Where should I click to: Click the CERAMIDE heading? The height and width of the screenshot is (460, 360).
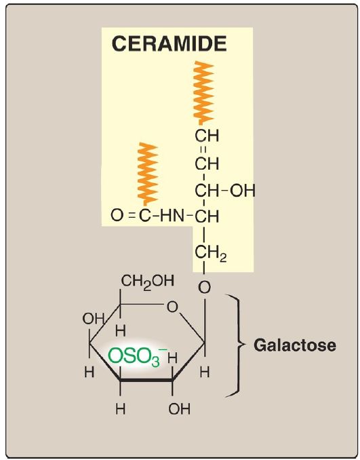[x=169, y=43]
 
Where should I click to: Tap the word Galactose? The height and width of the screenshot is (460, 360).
[x=295, y=345]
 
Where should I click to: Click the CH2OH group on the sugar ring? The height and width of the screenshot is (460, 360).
[x=148, y=281]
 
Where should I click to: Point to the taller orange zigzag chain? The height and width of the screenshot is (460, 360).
[x=203, y=93]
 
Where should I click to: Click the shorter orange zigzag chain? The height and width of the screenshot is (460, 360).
[x=148, y=174]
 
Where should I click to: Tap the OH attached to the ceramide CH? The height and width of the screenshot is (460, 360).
[x=243, y=191]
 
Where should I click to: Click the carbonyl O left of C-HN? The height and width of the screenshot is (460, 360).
[x=117, y=216]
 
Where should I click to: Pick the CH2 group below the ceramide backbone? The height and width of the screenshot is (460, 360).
[x=210, y=254]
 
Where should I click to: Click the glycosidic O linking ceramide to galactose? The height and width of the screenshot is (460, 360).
[x=204, y=287]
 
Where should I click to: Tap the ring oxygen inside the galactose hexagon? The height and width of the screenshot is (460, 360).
[x=172, y=307]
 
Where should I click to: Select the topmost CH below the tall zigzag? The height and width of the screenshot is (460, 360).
[x=207, y=136]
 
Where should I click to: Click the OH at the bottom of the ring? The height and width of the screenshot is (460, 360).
[x=180, y=408]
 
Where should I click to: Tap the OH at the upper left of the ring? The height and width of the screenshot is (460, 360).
[x=94, y=319]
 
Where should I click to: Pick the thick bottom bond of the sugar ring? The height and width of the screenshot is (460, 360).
[x=146, y=380]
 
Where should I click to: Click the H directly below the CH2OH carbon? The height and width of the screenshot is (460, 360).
[x=121, y=332]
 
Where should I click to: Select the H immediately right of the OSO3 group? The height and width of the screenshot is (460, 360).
[x=173, y=358]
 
